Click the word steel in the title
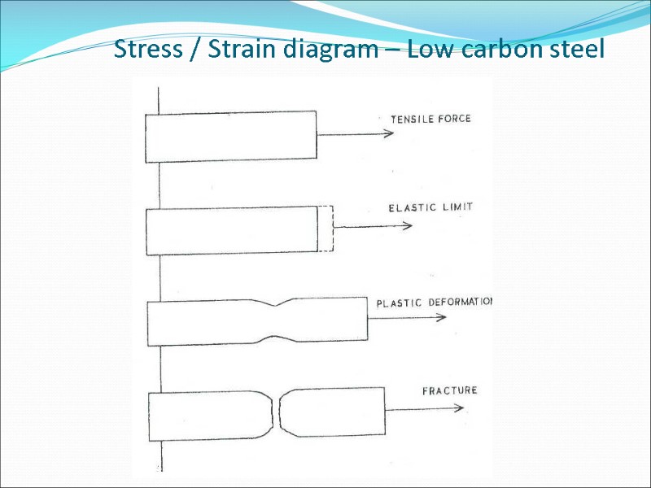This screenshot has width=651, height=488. [x=578, y=50]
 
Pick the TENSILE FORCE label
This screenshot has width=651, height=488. [x=430, y=119]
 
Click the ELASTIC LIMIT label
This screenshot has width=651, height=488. [x=430, y=207]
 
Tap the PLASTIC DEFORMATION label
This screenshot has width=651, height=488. [x=435, y=303]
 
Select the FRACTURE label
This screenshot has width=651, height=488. [x=449, y=390]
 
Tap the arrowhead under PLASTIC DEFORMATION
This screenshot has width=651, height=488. [x=441, y=317]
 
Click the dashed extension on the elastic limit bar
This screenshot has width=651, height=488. [x=325, y=229]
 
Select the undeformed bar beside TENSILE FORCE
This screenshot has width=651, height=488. [x=230, y=134]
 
